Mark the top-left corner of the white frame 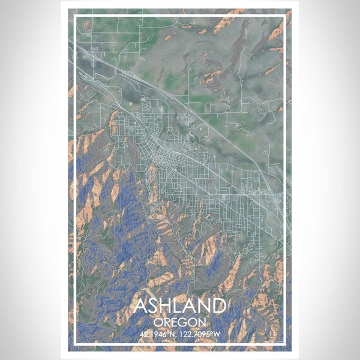74,17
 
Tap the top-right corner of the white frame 285,17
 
